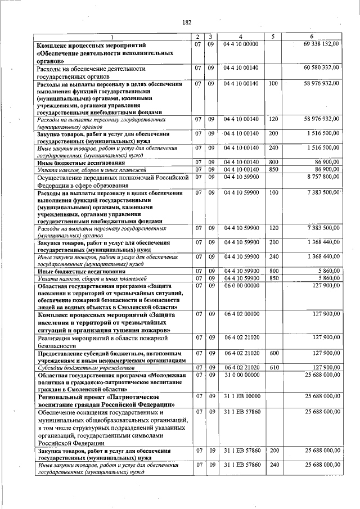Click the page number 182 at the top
187,22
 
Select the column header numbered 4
241,37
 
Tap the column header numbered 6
318,37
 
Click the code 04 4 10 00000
241,43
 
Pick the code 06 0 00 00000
241,285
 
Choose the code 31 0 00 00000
241,375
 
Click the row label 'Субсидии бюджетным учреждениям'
75,368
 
